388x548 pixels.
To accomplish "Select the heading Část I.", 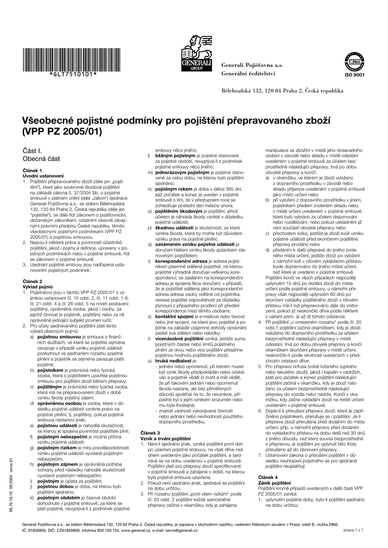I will pos(32,153).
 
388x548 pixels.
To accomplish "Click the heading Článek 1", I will pos(32,170).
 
